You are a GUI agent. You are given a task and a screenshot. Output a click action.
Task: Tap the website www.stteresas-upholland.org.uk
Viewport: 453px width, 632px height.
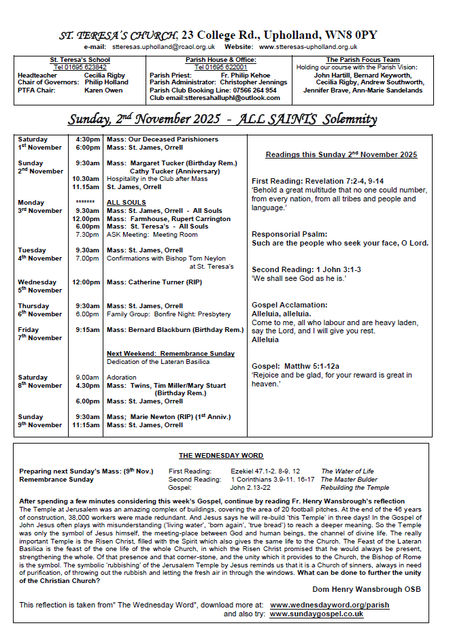[307, 47]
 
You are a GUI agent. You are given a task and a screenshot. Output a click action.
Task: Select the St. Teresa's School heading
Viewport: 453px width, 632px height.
[80, 60]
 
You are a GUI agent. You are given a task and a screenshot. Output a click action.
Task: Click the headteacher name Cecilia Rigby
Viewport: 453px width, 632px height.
[105, 75]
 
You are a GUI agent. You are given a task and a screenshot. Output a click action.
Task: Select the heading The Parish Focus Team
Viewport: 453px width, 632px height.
[363, 60]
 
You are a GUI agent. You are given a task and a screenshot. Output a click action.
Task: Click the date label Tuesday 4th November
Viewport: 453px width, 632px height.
[39, 254]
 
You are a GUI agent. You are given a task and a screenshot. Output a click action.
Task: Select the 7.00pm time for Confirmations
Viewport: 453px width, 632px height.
[87, 259]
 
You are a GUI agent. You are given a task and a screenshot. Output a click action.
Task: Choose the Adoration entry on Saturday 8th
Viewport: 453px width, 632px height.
[122, 378]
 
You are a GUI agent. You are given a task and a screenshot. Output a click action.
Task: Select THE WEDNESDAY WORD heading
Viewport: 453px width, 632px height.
[221, 456]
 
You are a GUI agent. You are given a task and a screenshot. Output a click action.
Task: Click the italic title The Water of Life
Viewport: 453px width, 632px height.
[348, 471]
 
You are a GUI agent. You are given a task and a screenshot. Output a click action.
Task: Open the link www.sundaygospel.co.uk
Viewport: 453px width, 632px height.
[316, 614]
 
